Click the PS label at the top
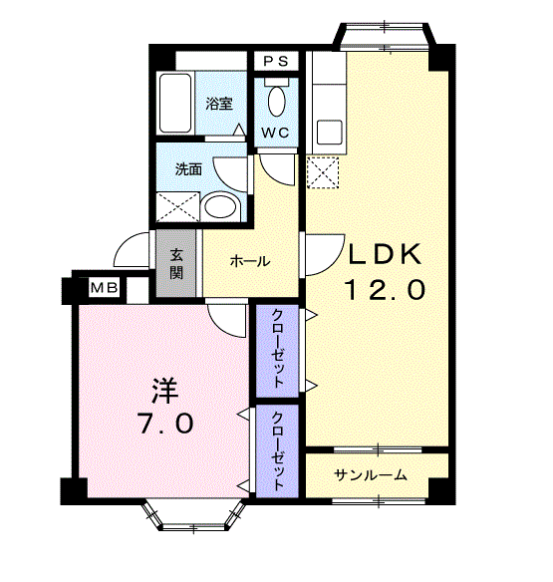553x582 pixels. (276, 61)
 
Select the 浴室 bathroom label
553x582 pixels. (219, 103)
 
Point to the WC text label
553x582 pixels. (276, 132)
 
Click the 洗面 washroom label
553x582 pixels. (188, 169)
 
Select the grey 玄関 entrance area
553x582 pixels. (176, 262)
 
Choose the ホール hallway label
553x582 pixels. (249, 261)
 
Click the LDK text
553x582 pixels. (386, 254)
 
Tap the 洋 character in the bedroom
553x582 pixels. (164, 387)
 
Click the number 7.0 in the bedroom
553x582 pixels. (164, 423)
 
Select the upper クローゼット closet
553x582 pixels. (280, 349)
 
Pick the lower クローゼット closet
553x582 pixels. (280, 449)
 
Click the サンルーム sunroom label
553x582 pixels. (371, 474)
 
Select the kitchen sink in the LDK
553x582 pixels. (325, 130)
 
